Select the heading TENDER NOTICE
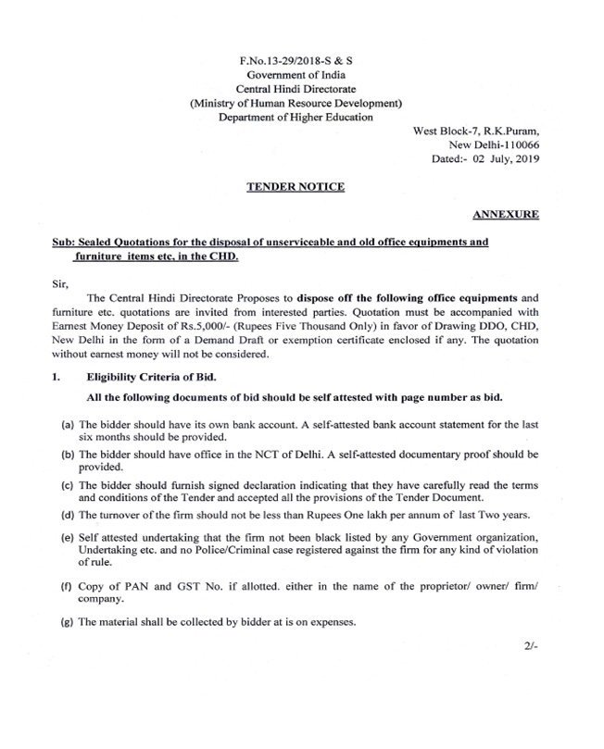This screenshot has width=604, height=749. (x=295, y=187)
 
